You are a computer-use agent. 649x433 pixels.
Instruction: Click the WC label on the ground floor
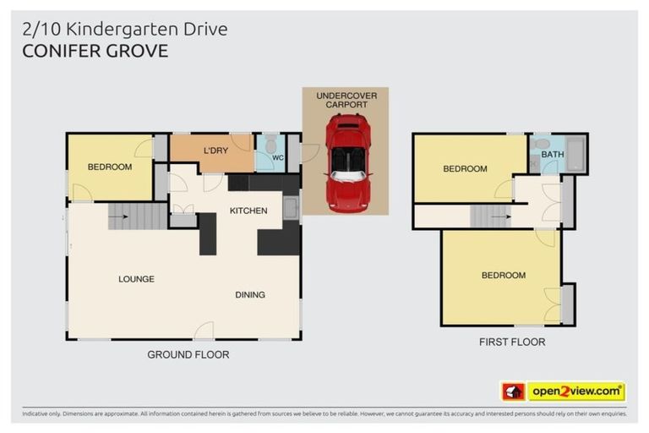277,156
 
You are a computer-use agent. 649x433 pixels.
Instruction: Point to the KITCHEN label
248,211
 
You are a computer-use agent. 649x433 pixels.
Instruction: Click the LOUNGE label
136,278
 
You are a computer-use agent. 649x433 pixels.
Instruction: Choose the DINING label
250,294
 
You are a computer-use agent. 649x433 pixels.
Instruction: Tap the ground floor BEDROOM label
110,167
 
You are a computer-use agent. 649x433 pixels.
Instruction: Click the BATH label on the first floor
553,155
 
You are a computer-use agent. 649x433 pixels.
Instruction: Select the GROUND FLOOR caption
188,354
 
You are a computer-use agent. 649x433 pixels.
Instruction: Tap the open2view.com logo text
575,391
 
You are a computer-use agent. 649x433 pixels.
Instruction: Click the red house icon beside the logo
513,392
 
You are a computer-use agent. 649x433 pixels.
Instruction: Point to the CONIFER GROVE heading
95,51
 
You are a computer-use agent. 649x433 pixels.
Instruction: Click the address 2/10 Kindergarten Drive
125,30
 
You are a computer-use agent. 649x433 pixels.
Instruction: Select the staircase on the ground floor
138,216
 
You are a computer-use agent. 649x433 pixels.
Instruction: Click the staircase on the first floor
491,216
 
